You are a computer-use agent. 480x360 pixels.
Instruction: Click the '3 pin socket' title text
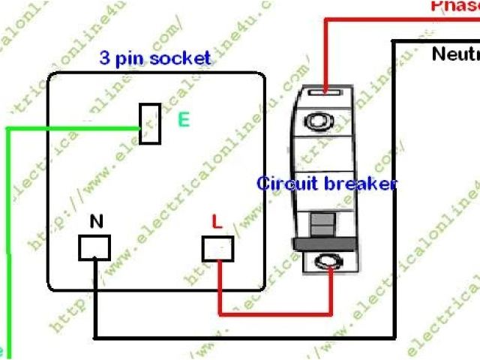click(x=155, y=58)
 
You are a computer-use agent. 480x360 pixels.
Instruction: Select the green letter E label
click(x=183, y=118)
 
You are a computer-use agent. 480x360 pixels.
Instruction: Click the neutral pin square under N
click(x=94, y=248)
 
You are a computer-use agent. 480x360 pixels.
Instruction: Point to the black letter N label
click(x=96, y=221)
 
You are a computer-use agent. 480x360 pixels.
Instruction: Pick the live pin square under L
click(x=217, y=248)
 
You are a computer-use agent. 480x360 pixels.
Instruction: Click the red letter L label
click(x=216, y=221)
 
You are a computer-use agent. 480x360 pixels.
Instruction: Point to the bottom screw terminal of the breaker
click(x=328, y=262)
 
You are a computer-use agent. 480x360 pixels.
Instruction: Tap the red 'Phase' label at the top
click(x=454, y=6)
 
